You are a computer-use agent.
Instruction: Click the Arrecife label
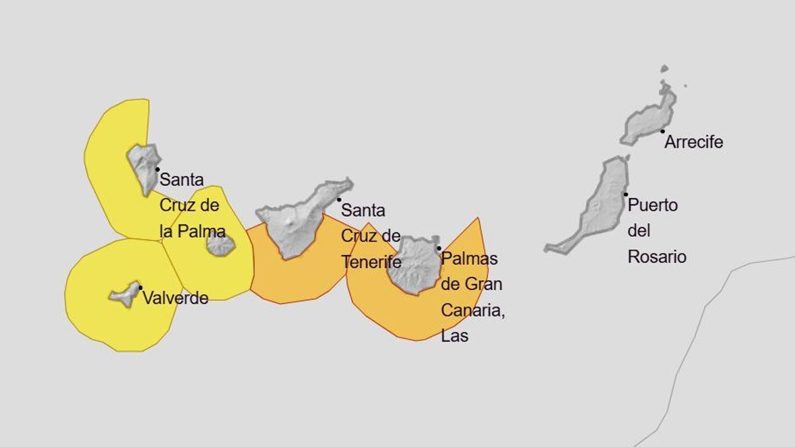693,142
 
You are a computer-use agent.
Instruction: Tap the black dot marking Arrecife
662,131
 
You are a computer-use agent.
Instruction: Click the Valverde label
176,298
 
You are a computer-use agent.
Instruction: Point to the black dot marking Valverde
140,287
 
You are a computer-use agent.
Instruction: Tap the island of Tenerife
298,215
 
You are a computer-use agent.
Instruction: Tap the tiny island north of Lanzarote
664,68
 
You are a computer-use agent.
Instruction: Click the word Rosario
657,257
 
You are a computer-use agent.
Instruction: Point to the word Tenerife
372,262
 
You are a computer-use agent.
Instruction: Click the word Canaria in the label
472,310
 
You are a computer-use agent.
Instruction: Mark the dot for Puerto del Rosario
625,194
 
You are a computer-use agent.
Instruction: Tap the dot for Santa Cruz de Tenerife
339,199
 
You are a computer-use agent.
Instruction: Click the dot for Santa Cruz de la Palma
157,170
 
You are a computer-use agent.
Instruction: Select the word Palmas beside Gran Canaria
469,258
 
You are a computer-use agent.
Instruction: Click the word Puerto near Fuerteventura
653,205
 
